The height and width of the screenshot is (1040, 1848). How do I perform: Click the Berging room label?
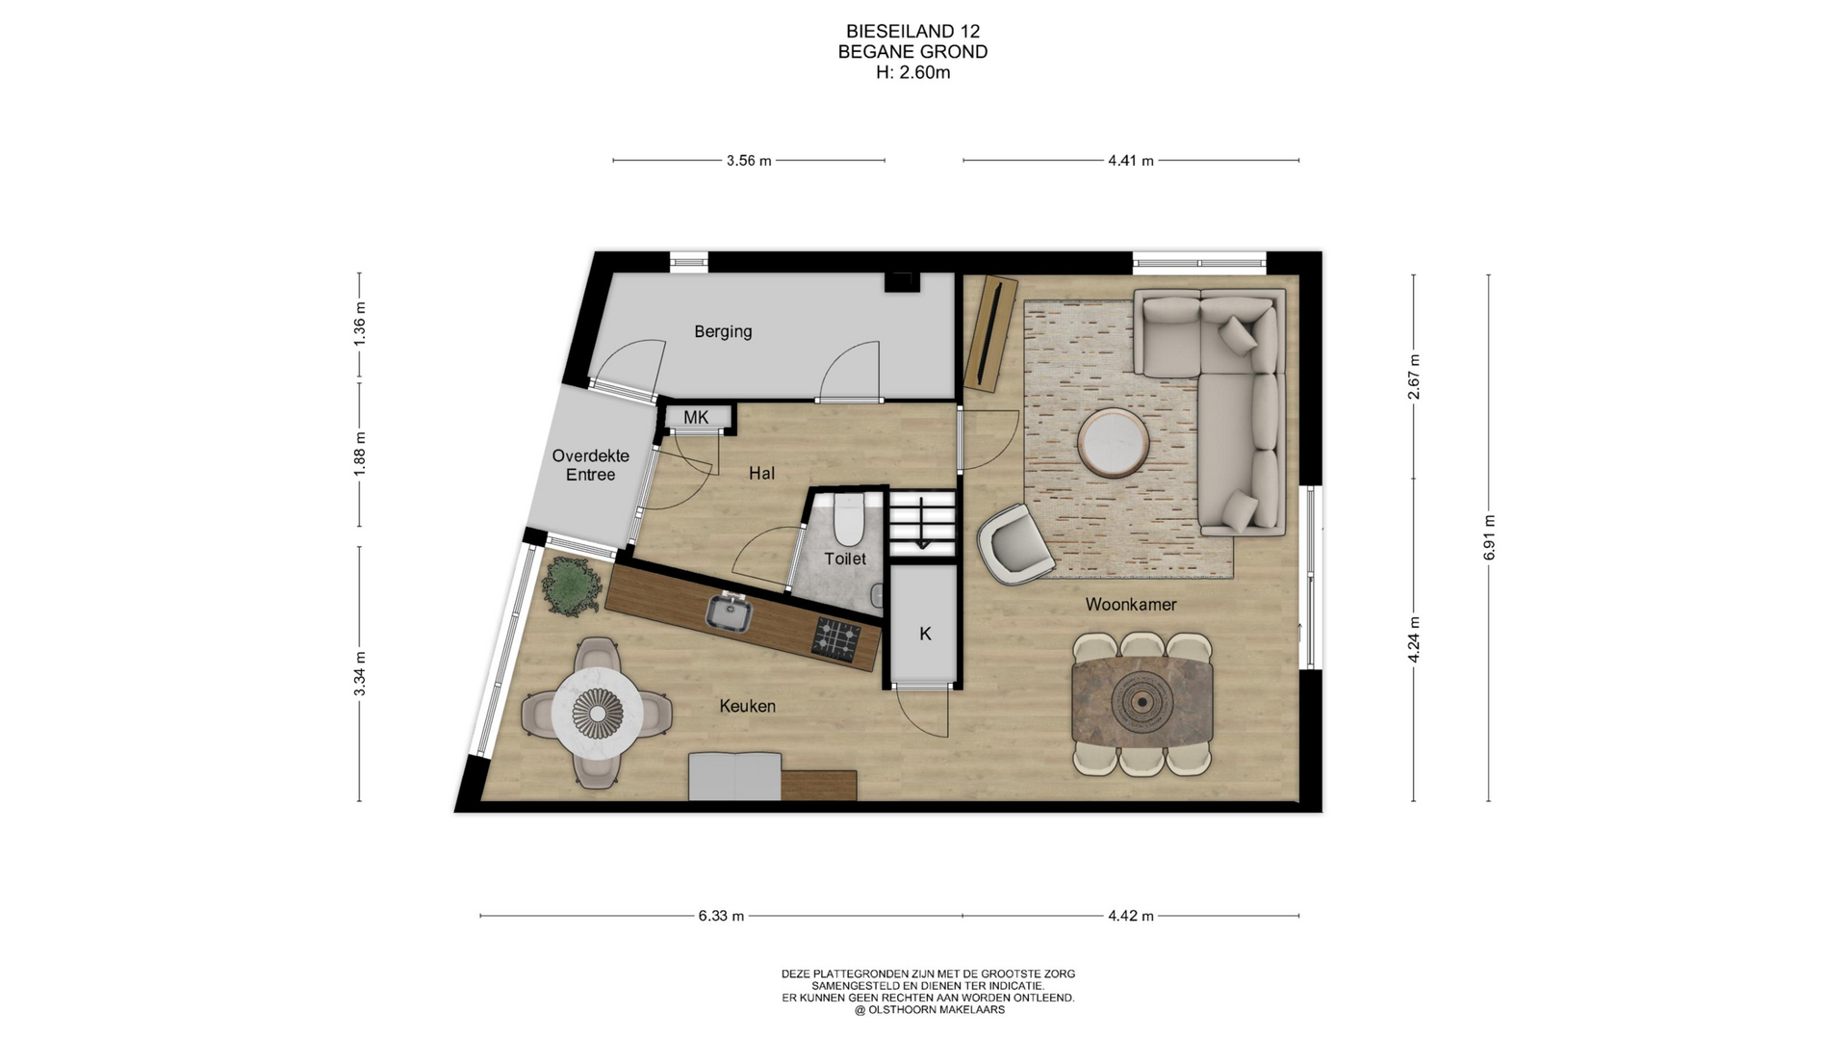[x=723, y=331]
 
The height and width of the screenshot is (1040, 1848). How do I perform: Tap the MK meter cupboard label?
[x=696, y=417]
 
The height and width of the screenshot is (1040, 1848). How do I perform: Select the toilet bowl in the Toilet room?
[x=848, y=521]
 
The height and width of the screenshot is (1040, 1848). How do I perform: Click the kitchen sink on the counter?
[x=730, y=612]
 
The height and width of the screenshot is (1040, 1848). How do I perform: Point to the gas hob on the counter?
[x=836, y=638]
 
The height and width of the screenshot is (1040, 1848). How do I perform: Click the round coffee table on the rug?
[x=1113, y=443]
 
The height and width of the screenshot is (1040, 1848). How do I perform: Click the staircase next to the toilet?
[x=922, y=523]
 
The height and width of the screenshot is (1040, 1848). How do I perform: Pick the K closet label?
[x=925, y=634]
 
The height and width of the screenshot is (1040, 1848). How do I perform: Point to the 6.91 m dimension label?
[x=1489, y=537]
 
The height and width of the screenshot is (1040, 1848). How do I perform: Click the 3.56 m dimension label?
[x=749, y=161]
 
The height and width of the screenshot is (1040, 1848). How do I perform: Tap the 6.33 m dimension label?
[x=721, y=916]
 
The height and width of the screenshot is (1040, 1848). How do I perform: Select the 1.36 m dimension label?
[x=360, y=325]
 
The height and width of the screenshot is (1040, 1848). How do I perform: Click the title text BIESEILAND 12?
[x=912, y=32]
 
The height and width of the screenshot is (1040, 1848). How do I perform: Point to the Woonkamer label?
[x=1131, y=605]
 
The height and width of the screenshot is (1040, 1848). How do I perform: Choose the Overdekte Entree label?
[x=590, y=465]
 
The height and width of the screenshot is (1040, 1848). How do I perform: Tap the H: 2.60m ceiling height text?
[x=912, y=72]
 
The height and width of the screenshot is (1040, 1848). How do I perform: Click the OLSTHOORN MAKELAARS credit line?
[x=929, y=1010]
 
